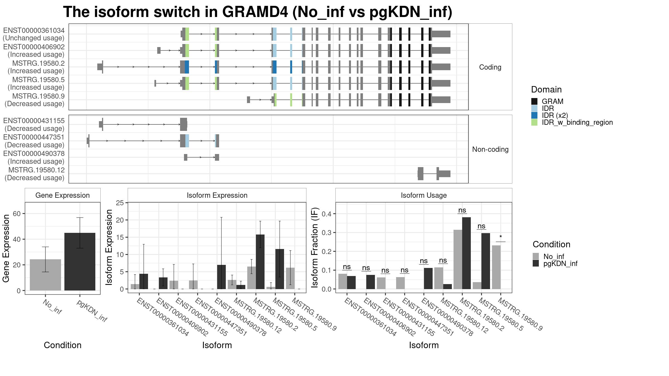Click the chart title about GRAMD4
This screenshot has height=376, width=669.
[x=258, y=12]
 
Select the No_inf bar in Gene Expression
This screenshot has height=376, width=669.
[x=45, y=275]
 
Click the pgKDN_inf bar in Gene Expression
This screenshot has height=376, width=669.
[x=80, y=262]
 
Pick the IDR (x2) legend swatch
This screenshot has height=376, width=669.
[x=534, y=115]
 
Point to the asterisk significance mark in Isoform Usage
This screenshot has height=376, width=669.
[x=501, y=237]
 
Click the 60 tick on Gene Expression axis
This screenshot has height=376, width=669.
[x=17, y=214]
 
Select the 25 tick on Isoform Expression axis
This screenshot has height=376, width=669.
[x=120, y=203]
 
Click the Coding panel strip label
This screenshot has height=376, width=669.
[x=490, y=67]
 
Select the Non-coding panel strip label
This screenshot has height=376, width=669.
[x=490, y=149]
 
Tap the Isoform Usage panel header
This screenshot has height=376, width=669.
[x=424, y=195]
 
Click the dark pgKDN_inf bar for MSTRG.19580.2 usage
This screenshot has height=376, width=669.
[x=466, y=253]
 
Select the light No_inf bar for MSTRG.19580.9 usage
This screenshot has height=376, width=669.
[x=496, y=267]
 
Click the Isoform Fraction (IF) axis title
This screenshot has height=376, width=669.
[x=315, y=247]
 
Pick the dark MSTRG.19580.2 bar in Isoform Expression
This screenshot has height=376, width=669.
[x=260, y=262]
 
